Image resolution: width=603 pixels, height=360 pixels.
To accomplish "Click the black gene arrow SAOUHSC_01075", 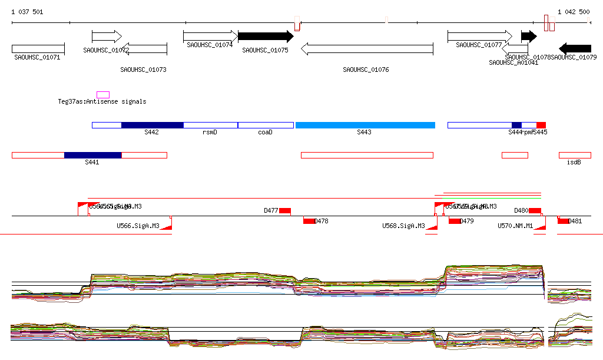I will pos(265,37).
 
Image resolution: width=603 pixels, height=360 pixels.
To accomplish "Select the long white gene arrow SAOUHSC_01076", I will pos(366,48).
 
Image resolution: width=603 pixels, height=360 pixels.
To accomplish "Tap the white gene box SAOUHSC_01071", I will pos(38,49).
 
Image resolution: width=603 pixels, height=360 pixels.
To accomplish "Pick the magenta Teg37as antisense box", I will pos(103,95).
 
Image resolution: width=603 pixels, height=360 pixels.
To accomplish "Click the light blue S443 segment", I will pos(365,125).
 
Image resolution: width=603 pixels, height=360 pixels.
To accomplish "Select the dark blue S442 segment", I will pos(152,125).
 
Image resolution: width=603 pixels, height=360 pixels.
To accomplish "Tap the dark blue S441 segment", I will pos(92,155).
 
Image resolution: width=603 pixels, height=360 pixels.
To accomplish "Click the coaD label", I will pos(265,133).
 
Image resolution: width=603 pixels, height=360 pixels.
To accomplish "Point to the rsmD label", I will pos(210,133).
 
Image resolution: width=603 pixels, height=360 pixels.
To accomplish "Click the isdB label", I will pos(574,162).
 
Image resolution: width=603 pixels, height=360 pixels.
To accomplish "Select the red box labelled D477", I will pos(285,211).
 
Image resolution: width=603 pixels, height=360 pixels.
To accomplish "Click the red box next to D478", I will pos(309,221).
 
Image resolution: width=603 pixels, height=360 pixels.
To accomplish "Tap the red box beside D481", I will pos(564,221).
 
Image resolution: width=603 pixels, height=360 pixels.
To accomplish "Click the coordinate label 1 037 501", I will pos(27,12).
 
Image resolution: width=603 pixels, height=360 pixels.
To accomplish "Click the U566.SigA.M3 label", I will pos(138,226).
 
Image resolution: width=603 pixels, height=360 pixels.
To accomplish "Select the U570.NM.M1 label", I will pos(515,226).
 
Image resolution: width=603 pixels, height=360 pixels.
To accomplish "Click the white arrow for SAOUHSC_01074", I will pos(210,37).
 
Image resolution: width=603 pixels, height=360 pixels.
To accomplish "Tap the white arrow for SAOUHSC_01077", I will pos(479,37).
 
